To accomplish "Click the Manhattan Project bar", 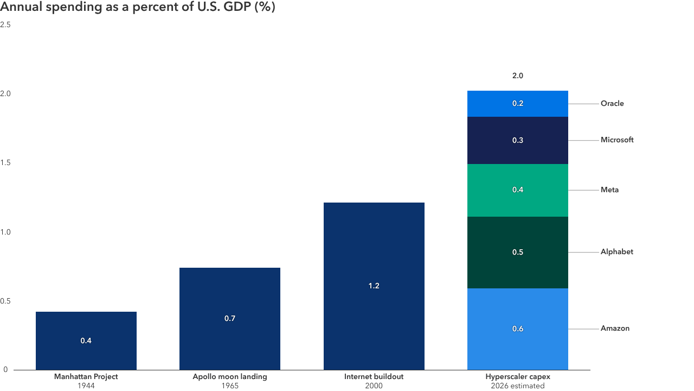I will (x=86, y=340).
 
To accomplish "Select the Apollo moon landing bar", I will (x=230, y=318).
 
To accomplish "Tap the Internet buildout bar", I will (x=374, y=286).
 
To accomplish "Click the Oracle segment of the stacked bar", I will (x=518, y=104).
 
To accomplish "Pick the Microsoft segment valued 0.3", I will (x=518, y=140).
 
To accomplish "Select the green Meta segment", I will (x=518, y=190).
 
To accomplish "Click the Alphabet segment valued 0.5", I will (x=518, y=253).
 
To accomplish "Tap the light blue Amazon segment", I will (x=518, y=329).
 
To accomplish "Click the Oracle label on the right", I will (x=612, y=104).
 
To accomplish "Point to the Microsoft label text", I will (x=617, y=140).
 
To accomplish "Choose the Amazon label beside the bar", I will (x=615, y=329).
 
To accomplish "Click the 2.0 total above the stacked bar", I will (x=518, y=76).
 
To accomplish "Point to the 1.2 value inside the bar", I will (x=374, y=286).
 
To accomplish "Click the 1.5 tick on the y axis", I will (x=6, y=163).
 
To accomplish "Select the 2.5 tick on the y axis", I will (x=6, y=25).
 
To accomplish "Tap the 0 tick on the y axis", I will (x=4, y=370).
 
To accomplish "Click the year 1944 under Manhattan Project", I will (x=86, y=386).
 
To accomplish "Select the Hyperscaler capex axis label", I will (x=518, y=376).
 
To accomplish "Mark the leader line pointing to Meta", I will (x=583, y=190).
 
